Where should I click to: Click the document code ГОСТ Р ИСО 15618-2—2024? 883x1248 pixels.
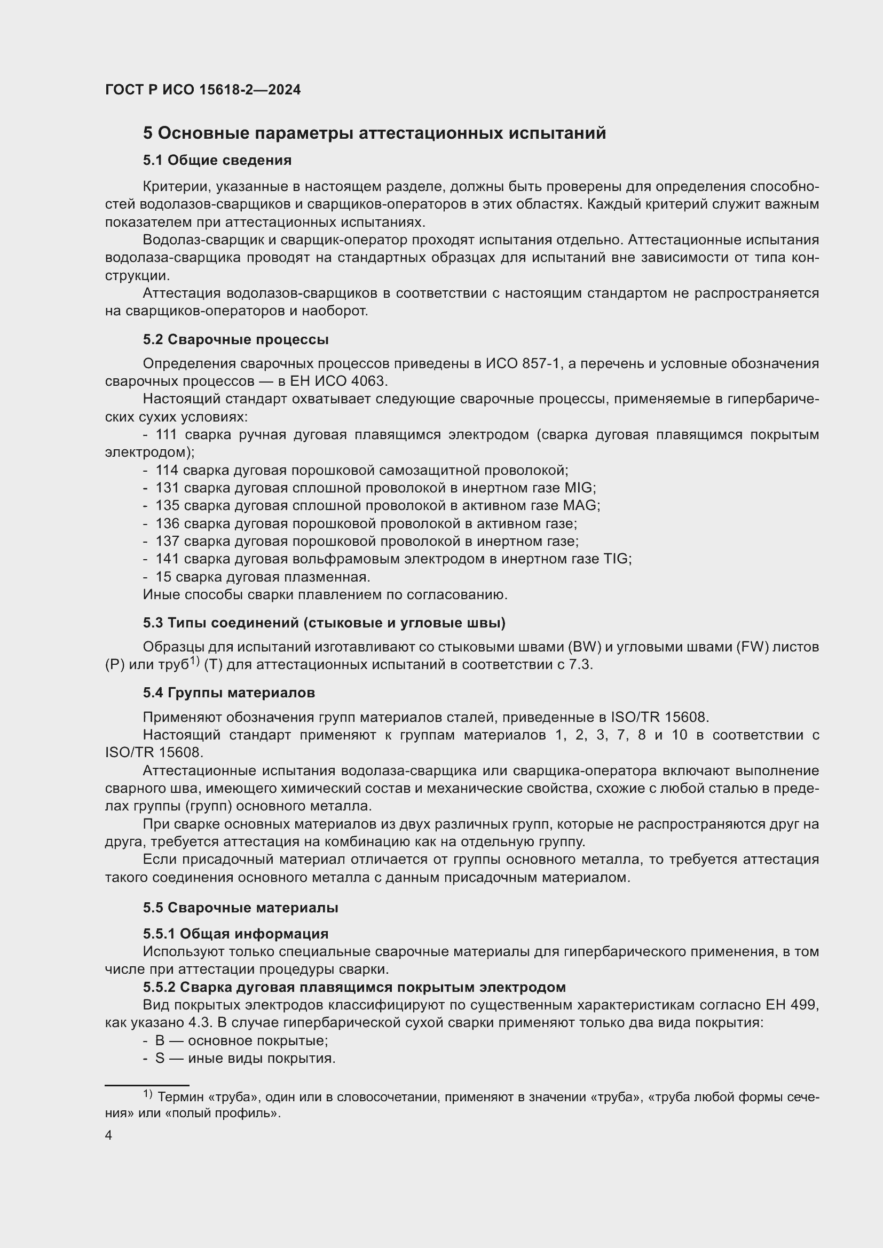pos(202,90)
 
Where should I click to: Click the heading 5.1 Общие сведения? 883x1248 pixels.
pos(217,161)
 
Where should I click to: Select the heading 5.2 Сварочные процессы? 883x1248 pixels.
pos(235,340)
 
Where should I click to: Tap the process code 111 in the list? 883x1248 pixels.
pos(167,435)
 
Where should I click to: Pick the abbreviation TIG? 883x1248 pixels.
pos(616,559)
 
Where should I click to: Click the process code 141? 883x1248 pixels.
pos(167,559)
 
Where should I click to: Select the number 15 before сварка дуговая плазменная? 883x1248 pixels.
pos(163,577)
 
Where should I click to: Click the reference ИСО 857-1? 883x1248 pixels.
pos(523,364)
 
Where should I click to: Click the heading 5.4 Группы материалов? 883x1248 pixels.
pos(229,693)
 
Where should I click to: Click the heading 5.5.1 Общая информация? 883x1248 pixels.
pos(235,934)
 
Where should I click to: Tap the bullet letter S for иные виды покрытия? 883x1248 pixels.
pos(159,1058)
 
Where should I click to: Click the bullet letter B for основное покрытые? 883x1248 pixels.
pos(159,1040)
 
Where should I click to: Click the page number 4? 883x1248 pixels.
pos(109,1135)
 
